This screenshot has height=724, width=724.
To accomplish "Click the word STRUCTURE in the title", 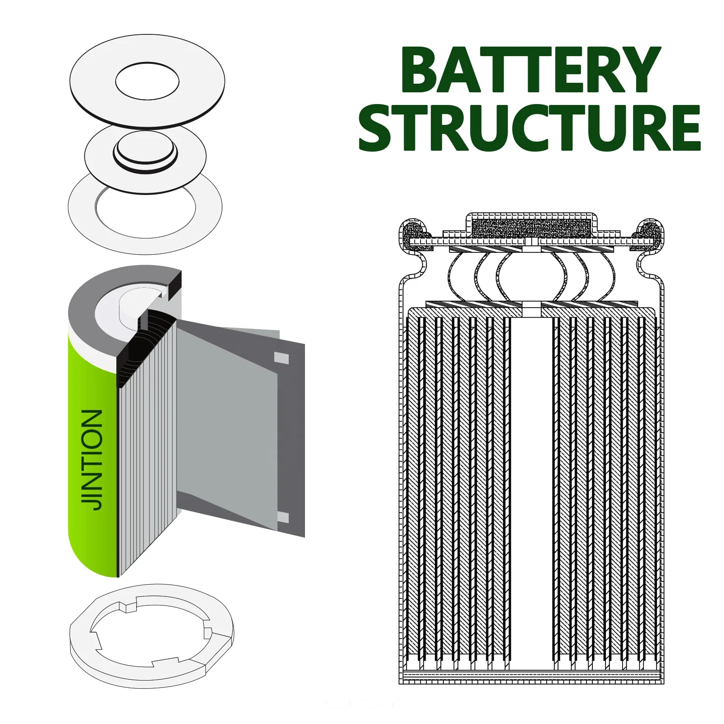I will point(529,128).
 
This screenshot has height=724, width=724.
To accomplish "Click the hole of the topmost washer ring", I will point(147,81).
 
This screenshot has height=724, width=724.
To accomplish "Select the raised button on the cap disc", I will point(145,149).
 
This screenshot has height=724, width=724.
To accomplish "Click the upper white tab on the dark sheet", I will point(281,358).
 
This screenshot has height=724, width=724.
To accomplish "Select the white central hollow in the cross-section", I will point(532,498).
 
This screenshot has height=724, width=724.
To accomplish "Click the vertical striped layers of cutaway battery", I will point(147,452).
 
